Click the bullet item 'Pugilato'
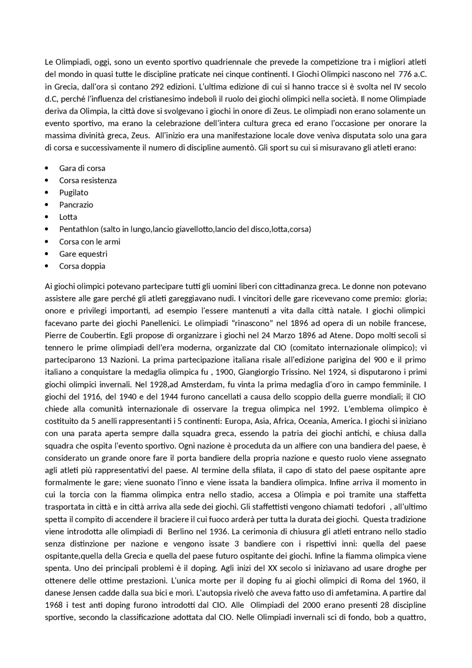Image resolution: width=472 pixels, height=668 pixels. point(74,193)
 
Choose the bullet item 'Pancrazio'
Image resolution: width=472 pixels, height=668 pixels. point(76,205)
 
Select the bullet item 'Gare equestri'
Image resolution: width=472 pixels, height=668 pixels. point(83,254)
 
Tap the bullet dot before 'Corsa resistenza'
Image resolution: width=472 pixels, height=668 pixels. point(46,180)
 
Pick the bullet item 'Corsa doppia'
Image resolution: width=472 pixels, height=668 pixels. point(82,266)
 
